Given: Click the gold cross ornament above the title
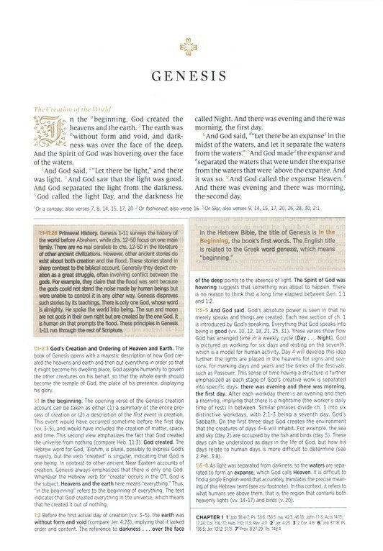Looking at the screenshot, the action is [x=191, y=50].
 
